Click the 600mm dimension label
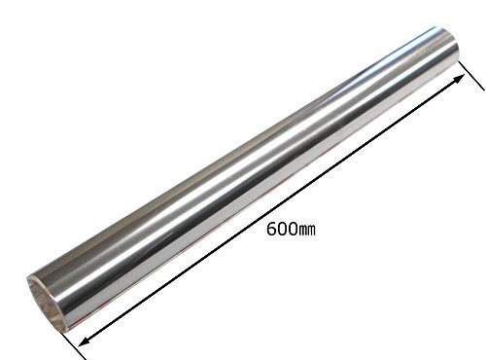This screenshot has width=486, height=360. (291, 229)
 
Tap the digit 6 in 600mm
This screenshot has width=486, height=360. (271, 229)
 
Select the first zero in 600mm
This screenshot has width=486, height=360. (281, 229)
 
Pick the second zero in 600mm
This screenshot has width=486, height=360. (292, 229)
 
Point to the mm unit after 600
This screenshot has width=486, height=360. (306, 231)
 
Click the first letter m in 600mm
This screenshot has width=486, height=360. (302, 231)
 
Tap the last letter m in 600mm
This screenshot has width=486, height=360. (311, 231)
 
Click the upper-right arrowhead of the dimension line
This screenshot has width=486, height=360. (459, 79)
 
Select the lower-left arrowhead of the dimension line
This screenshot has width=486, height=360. (85, 341)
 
